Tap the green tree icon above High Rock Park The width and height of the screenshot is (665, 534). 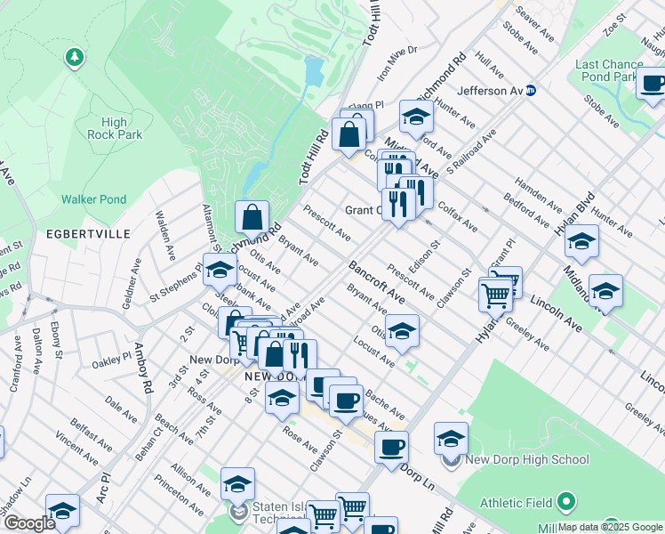[76, 59]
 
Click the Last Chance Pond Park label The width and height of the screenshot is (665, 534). [610, 70]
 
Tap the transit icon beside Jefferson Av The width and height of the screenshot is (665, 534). [532, 90]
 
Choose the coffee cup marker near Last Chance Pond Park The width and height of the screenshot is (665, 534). [653, 85]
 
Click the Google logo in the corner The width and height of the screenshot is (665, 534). [28, 522]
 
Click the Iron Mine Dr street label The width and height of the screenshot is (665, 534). [397, 63]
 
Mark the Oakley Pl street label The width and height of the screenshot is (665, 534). [111, 361]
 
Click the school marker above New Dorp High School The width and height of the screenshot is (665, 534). [452, 437]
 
